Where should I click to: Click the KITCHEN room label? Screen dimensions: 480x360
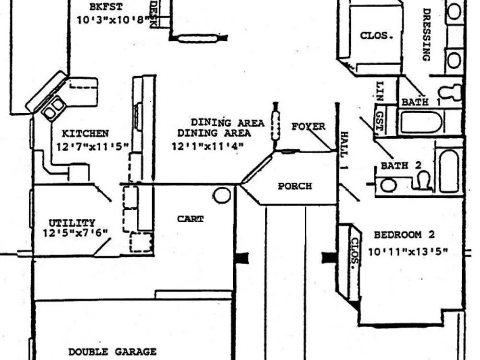click(85, 133)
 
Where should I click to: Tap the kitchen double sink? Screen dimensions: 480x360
click(54, 108)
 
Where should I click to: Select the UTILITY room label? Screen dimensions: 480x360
click(72, 223)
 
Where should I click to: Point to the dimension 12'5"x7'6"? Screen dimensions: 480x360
click(75, 233)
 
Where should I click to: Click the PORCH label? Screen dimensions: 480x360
click(295, 186)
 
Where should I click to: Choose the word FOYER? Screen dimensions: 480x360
click(308, 126)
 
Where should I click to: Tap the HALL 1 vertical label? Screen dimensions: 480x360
click(344, 150)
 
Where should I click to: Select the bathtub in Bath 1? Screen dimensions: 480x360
click(421, 122)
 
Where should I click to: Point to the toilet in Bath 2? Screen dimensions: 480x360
click(423, 180)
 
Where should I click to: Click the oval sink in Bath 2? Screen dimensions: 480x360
click(388, 185)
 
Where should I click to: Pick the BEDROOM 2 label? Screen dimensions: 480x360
click(404, 235)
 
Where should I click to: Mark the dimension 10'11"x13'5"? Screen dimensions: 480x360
click(408, 252)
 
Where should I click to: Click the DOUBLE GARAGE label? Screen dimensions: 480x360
click(112, 352)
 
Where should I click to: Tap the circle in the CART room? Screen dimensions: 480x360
click(222, 195)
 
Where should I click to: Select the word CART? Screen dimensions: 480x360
click(190, 219)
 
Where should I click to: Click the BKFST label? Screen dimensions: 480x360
click(106, 7)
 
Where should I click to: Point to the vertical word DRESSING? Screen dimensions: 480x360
click(427, 35)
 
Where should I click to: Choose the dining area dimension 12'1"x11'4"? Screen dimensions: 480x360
click(207, 146)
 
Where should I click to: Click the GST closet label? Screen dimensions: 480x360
click(380, 122)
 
